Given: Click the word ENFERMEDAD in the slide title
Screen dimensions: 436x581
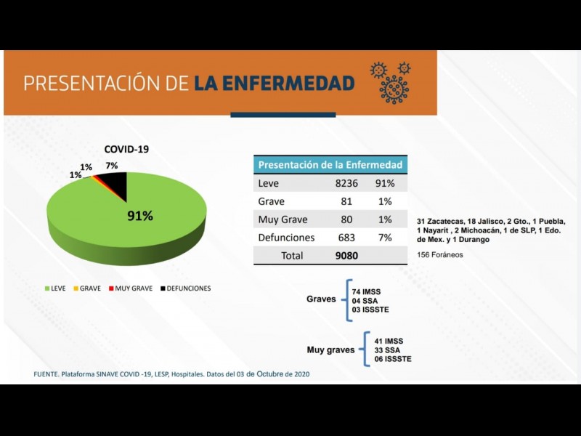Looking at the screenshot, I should pyautogui.click(x=275, y=83).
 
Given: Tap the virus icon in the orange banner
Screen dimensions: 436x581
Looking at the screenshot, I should pyautogui.click(x=393, y=83).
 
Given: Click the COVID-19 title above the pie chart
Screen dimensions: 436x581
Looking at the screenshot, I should pyautogui.click(x=126, y=149).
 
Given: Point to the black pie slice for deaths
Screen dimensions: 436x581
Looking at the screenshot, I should pyautogui.click(x=117, y=187).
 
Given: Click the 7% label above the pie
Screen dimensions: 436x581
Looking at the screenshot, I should pyautogui.click(x=111, y=166).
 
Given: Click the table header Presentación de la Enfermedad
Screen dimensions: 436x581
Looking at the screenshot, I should pyautogui.click(x=330, y=165).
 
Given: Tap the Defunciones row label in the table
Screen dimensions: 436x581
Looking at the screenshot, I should pyautogui.click(x=286, y=238).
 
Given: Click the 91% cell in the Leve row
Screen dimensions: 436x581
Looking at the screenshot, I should pyautogui.click(x=385, y=184).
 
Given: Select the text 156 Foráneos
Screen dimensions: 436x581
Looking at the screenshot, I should pyautogui.click(x=440, y=255).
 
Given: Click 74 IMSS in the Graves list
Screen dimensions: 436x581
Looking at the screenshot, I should pyautogui.click(x=366, y=291).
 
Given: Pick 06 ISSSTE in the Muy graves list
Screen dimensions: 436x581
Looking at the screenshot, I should pyautogui.click(x=392, y=359).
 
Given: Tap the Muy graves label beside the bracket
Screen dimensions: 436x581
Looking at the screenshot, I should pyautogui.click(x=330, y=350).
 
